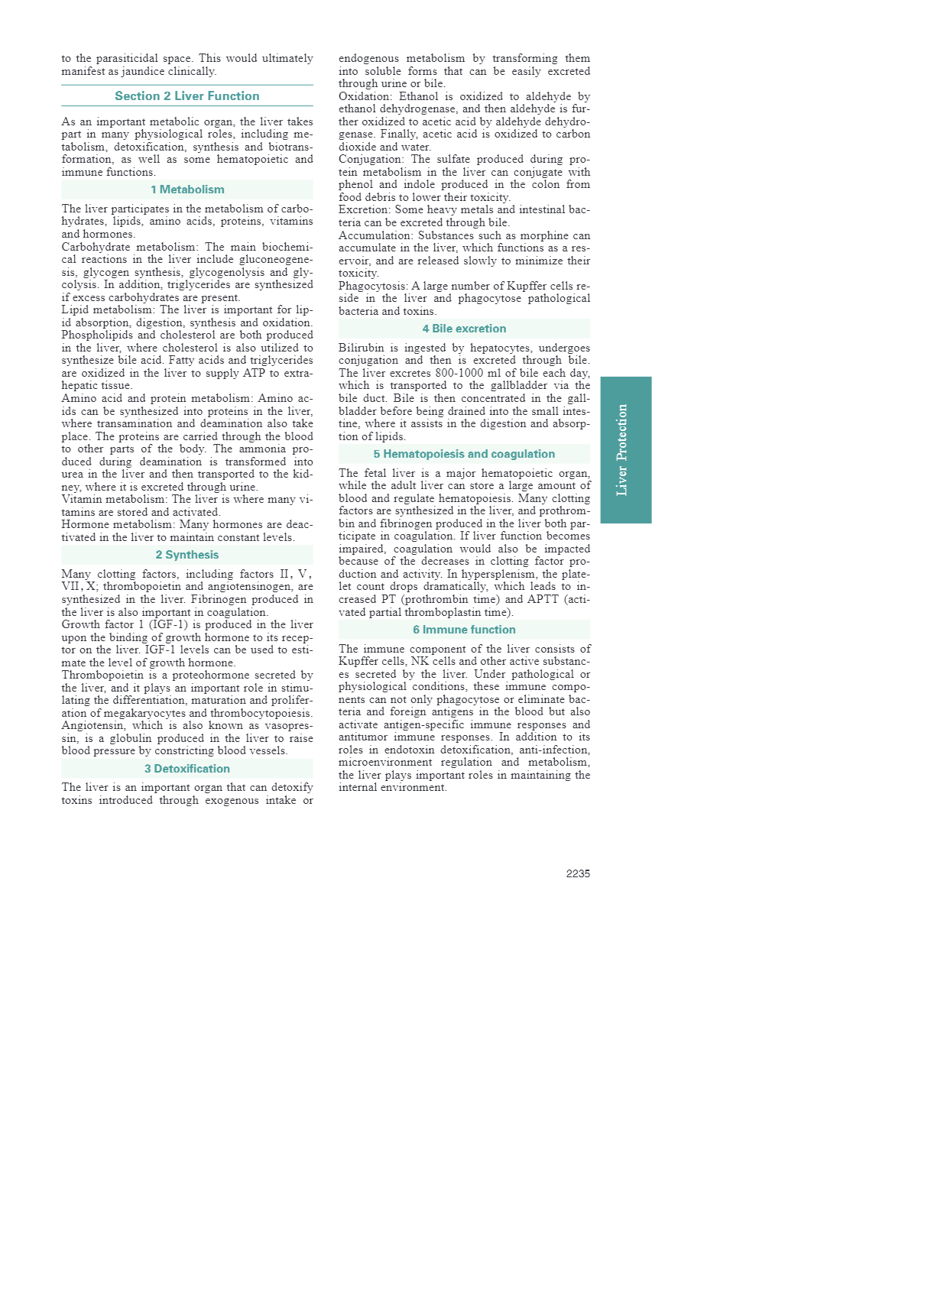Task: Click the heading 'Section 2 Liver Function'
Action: click(187, 96)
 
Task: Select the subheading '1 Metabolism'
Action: click(187, 190)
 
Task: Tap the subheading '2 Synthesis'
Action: click(187, 555)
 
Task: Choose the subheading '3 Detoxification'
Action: click(187, 769)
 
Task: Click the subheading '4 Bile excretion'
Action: click(464, 329)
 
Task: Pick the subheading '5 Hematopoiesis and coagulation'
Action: click(464, 454)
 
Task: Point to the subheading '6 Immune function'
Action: click(464, 630)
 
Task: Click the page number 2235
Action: click(578, 873)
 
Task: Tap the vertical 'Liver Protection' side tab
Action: click(625, 449)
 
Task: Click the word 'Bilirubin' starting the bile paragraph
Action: click(362, 348)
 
